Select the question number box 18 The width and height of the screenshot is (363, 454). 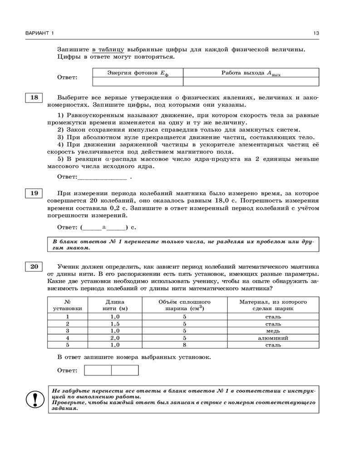click(34, 98)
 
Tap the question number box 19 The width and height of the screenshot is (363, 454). click(34, 193)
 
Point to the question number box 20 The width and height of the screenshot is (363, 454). click(34, 266)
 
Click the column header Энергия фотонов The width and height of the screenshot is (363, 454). click(137, 73)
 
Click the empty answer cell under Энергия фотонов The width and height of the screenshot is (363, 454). click(137, 82)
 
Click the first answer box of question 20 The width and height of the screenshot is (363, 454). click(98, 370)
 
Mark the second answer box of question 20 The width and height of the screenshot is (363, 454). click(125, 370)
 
